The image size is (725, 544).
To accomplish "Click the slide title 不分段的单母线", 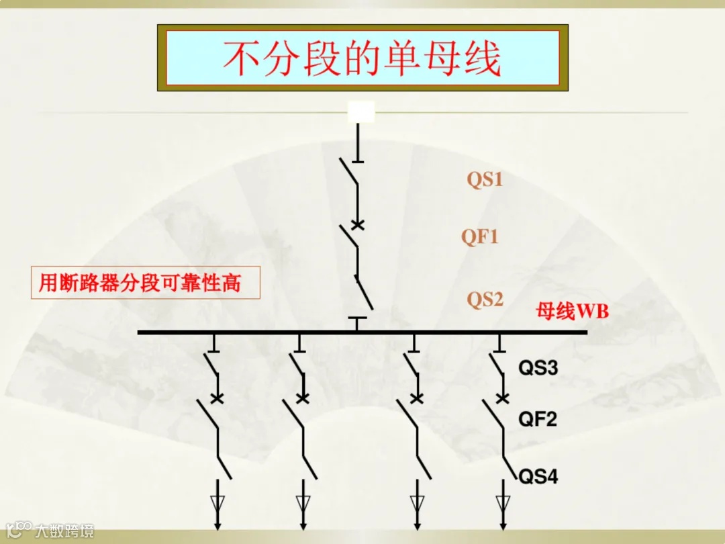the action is [362, 58].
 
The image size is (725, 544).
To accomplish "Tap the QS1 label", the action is [485, 180].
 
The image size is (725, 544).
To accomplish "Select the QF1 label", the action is [479, 236].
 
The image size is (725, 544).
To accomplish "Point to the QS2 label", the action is [485, 299].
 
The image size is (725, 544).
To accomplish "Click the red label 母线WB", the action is [572, 311].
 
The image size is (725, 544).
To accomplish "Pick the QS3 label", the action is [538, 367].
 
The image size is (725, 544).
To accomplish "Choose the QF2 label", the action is [538, 420].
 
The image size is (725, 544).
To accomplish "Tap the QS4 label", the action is [538, 477].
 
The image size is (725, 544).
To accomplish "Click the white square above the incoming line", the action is [360, 112].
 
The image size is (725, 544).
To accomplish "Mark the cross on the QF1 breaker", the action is [358, 225].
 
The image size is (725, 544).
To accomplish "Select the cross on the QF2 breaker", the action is [502, 399].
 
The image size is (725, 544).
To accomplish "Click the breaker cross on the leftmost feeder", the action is [217, 399].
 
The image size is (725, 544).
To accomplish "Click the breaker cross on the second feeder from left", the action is [303, 399].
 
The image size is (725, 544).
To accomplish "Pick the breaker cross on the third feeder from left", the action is [417, 399].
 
